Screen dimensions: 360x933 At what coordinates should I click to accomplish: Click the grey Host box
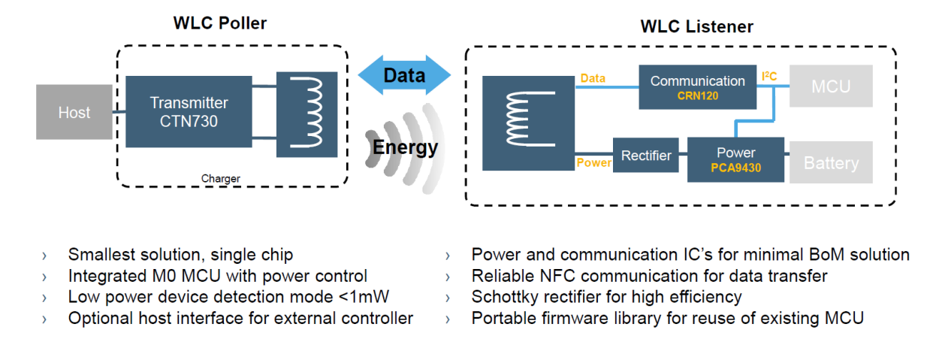[74, 113]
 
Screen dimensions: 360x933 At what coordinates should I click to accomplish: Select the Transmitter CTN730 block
[189, 111]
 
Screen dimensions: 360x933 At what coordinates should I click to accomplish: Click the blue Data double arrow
[404, 75]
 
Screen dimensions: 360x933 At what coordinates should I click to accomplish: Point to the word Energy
[405, 147]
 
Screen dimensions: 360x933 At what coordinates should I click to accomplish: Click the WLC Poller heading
[219, 23]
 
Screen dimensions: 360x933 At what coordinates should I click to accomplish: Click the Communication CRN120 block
[698, 87]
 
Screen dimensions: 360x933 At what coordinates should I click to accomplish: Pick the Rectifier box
[646, 156]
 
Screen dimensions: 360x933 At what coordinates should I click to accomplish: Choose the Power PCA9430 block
[735, 159]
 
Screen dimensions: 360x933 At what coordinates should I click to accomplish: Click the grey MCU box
[831, 86]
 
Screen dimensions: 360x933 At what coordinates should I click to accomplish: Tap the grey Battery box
[831, 163]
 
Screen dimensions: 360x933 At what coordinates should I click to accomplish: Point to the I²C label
[770, 77]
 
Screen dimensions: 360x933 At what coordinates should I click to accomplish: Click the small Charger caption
[221, 179]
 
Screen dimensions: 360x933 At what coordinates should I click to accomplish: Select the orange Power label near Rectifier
[593, 162]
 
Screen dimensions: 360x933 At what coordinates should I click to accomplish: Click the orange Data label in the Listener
[592, 78]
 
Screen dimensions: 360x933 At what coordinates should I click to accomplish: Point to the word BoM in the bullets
[812, 255]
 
